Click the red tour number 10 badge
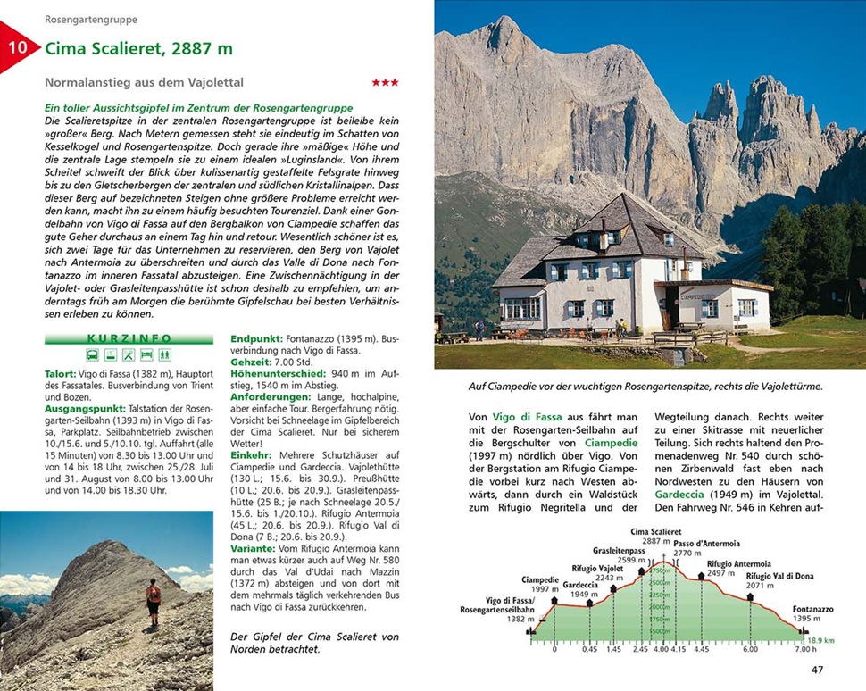coord(17,47)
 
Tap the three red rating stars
coord(385,83)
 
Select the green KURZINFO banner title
coord(129,339)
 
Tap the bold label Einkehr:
coord(253,455)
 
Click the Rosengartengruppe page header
coord(91,19)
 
